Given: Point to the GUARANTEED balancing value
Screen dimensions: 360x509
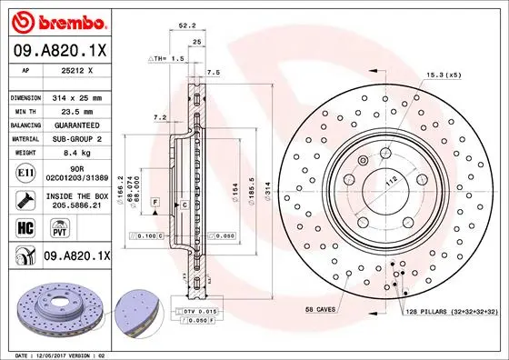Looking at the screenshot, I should tap(76, 125).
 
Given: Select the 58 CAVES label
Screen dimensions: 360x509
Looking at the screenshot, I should tap(322, 310).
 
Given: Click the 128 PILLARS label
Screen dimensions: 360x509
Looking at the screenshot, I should tap(448, 311).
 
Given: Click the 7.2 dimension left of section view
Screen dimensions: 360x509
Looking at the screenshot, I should tap(159, 117).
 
